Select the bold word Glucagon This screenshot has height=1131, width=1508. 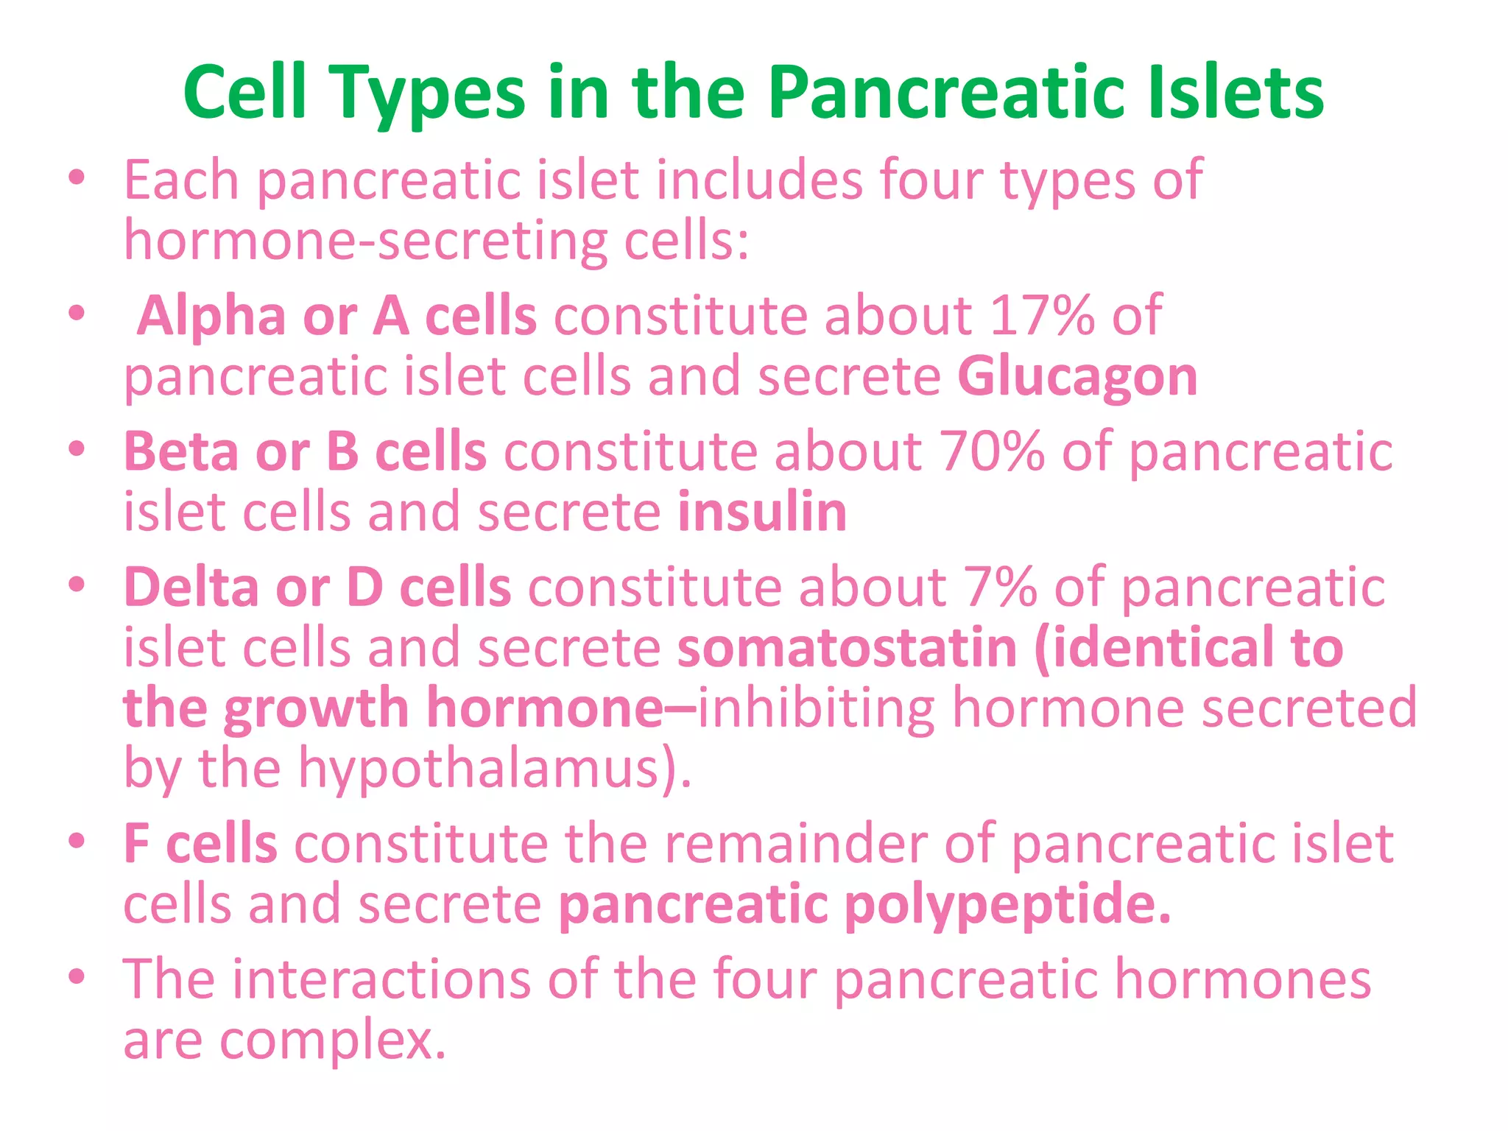coord(1077,377)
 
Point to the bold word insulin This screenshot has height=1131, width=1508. coord(762,512)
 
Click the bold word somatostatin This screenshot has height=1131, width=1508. coord(847,647)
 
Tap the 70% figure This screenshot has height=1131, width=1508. coord(991,451)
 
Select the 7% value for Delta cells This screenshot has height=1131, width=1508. coord(999,587)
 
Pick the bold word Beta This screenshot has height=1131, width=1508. coord(180,451)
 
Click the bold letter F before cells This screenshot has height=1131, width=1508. coord(135,844)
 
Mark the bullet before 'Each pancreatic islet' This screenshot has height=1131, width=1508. coord(77,178)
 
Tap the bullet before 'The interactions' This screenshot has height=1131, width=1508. coord(77,977)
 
